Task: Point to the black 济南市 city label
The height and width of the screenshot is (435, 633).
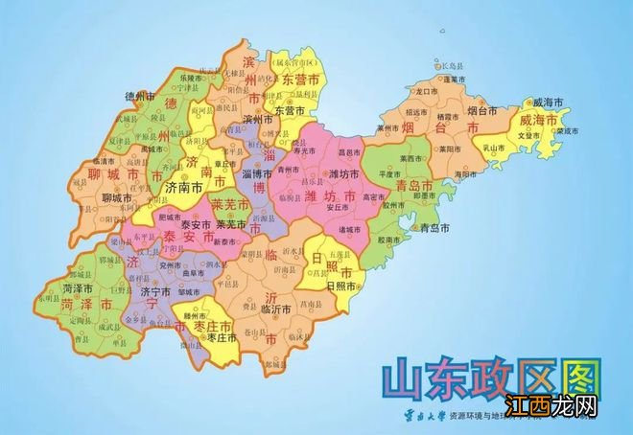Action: [182, 189]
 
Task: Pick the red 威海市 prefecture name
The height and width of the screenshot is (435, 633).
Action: [538, 121]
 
